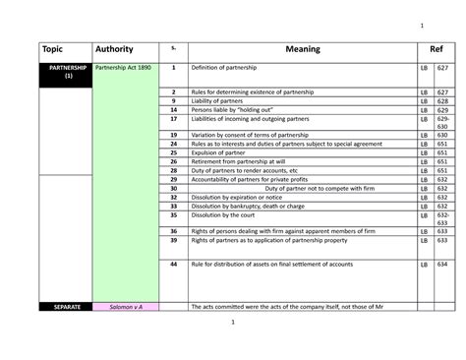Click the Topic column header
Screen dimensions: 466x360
click(50, 49)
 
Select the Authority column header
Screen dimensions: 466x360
click(114, 49)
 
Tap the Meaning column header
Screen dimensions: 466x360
click(299, 49)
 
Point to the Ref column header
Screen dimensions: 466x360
click(436, 49)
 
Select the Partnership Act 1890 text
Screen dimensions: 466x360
click(123, 68)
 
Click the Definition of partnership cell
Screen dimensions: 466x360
click(231, 68)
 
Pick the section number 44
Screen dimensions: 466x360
click(173, 265)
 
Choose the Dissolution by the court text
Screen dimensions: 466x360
click(225, 214)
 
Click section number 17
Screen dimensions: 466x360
click(173, 118)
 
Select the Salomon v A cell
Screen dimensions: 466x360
click(126, 307)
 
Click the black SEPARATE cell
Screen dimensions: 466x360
click(64, 307)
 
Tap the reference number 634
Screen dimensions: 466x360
click(442, 265)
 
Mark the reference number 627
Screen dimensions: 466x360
click(442, 68)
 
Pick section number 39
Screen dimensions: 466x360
click(173, 240)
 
